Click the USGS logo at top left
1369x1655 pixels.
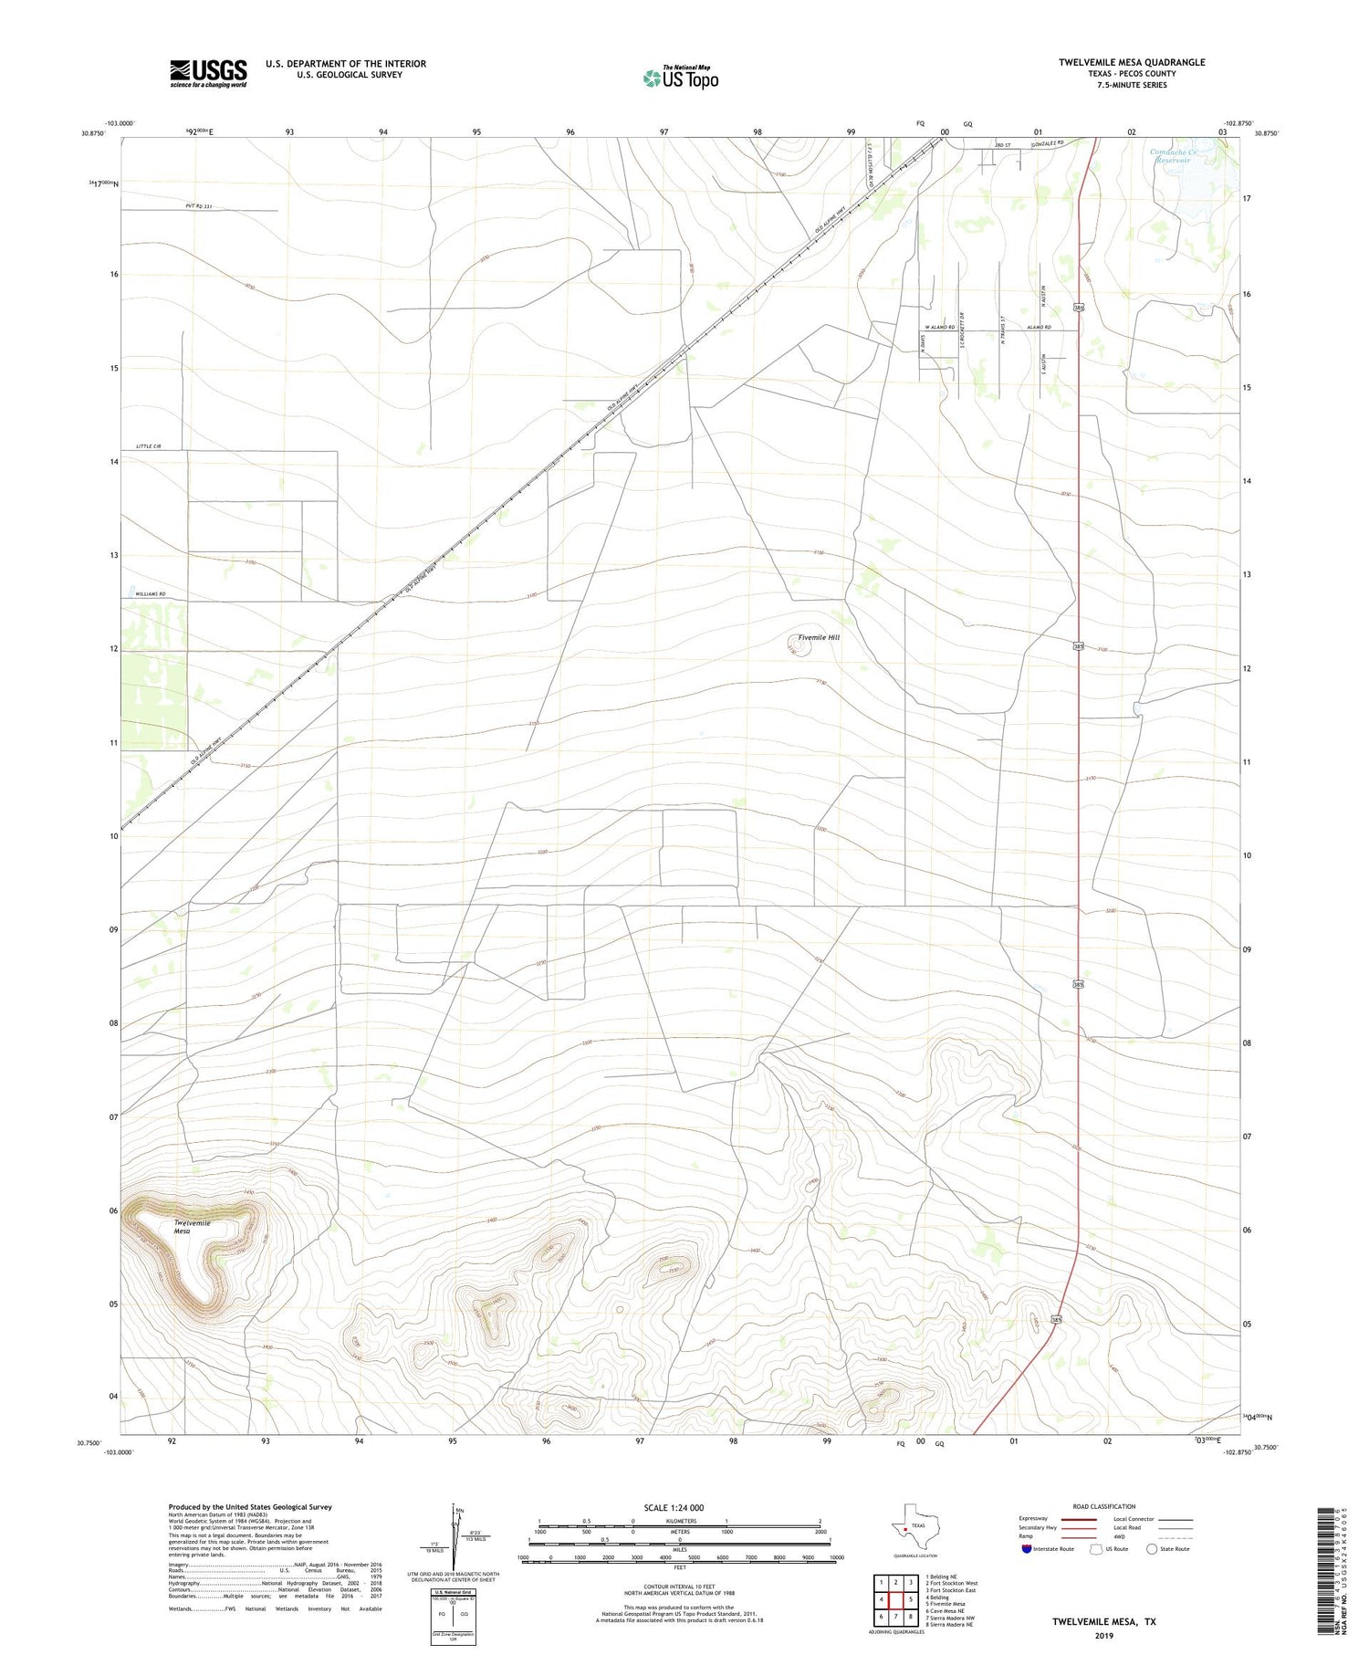208,73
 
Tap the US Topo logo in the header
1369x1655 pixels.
680,79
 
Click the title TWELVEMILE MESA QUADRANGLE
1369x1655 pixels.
1131,62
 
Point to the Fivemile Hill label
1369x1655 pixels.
819,637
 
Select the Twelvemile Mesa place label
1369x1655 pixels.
192,1227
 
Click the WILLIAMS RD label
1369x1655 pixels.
151,594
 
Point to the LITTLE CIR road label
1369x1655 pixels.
148,445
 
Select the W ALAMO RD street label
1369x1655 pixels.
939,327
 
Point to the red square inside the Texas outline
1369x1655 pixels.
904,1528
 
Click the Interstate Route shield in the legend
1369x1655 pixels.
1027,1548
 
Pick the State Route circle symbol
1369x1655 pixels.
1152,1548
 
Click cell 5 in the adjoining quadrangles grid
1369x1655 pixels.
910,1599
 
